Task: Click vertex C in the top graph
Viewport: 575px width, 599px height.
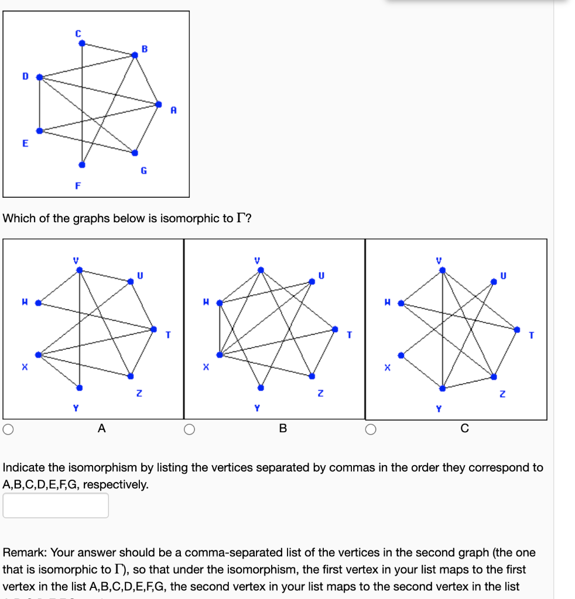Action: tap(82, 43)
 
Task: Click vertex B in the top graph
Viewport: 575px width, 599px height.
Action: tap(135, 54)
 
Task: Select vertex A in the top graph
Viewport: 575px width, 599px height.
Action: tap(159, 104)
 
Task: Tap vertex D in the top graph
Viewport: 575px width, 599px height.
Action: tap(39, 77)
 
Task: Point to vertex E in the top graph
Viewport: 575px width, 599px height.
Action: tap(39, 130)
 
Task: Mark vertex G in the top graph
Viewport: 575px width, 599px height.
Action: tap(135, 153)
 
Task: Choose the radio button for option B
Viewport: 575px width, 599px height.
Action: tap(189, 430)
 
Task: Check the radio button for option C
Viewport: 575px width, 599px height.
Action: tap(371, 430)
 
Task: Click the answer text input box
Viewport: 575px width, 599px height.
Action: tap(56, 505)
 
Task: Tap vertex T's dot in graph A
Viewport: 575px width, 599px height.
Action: tap(153, 329)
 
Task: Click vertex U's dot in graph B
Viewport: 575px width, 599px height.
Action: tap(312, 281)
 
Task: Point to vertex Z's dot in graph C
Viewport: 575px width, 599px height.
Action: tap(494, 376)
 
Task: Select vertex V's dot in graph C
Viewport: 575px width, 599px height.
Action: tap(443, 270)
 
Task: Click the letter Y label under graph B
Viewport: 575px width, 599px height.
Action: tap(256, 408)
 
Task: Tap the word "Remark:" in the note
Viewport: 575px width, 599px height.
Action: tap(25, 552)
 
